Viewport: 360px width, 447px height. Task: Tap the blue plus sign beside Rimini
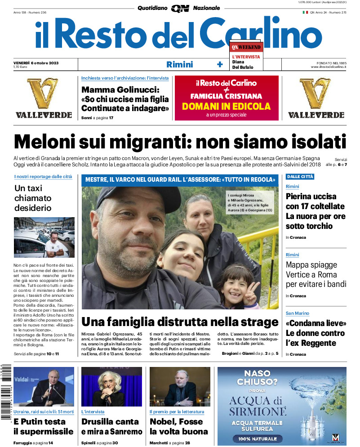(220, 64)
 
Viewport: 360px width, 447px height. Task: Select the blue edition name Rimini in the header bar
(179, 64)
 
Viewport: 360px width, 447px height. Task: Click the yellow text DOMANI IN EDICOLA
(226, 107)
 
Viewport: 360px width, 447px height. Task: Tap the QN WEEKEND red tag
(246, 47)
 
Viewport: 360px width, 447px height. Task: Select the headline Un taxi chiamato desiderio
(33, 198)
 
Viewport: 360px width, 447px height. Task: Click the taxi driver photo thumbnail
(44, 237)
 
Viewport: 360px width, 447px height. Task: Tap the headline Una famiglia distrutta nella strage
(180, 322)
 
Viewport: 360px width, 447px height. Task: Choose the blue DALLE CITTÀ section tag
(300, 177)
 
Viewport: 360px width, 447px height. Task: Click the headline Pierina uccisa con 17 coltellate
(315, 211)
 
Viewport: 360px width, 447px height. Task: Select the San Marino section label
(298, 313)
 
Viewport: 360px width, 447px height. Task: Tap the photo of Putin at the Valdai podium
(44, 387)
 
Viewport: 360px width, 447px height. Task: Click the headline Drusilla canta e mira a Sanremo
(111, 426)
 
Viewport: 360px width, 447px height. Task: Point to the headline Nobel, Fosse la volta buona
(178, 426)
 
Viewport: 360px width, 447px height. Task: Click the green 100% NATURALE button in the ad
(258, 438)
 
